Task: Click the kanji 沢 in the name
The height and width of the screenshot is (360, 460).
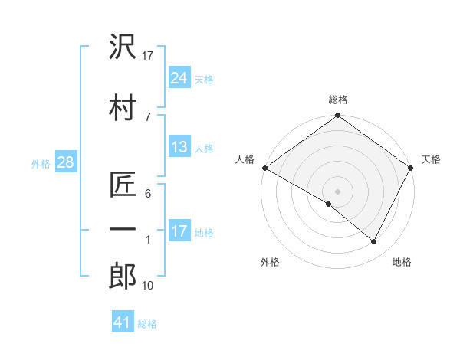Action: tap(123, 47)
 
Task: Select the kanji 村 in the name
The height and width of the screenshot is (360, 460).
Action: tap(123, 106)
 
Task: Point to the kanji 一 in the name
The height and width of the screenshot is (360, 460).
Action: tap(123, 229)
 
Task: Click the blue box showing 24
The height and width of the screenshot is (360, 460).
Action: tap(179, 77)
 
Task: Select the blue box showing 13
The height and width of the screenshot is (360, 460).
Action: tap(179, 147)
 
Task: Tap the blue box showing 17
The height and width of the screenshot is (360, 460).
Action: tap(179, 231)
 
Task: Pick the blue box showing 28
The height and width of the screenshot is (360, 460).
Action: tap(64, 162)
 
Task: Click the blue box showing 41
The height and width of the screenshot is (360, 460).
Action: tap(122, 322)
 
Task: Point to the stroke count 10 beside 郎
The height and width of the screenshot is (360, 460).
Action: tap(148, 286)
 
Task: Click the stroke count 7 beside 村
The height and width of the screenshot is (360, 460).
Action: tap(148, 116)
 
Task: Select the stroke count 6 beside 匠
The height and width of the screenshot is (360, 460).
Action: tap(148, 195)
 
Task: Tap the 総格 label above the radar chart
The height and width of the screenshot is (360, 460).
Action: tap(337, 100)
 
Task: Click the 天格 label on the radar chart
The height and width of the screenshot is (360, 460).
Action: tap(432, 159)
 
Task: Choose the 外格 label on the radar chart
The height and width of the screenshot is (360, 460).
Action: tap(270, 262)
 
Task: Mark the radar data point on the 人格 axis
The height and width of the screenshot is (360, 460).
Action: tap(264, 168)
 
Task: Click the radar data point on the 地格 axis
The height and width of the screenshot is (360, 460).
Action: tap(374, 242)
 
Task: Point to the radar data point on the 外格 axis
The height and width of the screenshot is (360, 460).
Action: tap(329, 204)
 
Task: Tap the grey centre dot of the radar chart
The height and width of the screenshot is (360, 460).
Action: tap(337, 191)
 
